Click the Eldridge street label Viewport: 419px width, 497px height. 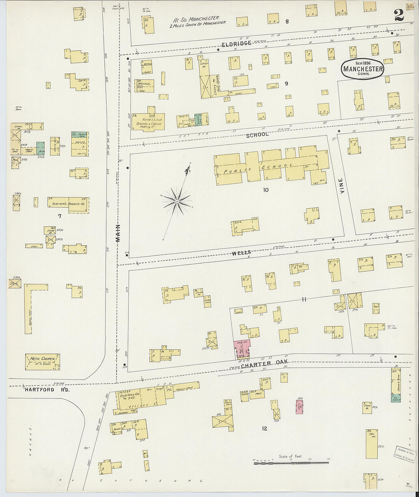coord(237,43)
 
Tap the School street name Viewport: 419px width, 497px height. coord(257,134)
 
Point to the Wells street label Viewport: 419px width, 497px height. coord(241,252)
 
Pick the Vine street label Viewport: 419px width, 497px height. coord(342,186)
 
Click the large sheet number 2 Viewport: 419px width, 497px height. coord(399,15)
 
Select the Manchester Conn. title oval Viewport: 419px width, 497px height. coord(363,69)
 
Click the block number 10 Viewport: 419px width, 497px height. coord(265,189)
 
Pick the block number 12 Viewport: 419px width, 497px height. coord(264,428)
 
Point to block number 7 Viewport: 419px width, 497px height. coord(59,216)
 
